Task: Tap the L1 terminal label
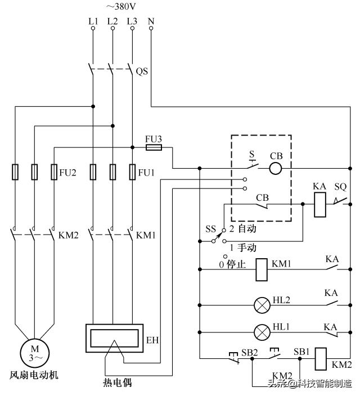coord(93,21)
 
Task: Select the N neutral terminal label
coord(151,21)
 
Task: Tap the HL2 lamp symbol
coord(262,305)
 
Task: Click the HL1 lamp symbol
coord(262,332)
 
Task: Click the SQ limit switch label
coord(341,186)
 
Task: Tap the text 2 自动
coord(242,230)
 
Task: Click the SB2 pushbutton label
coord(249,352)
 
